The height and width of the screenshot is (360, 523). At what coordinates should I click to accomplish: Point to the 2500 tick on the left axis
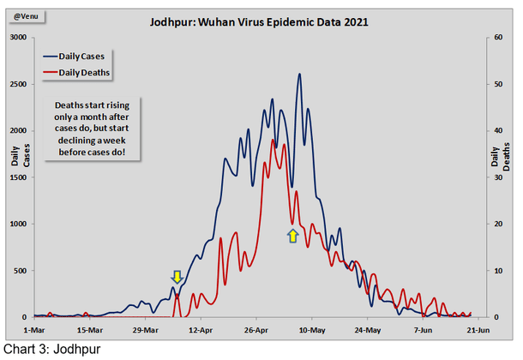click(x=17, y=85)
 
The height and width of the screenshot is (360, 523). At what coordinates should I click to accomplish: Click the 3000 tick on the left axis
click(x=17, y=39)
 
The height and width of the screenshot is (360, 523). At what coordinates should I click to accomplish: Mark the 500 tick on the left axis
click(x=20, y=271)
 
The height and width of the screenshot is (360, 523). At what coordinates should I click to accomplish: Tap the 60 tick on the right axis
click(x=496, y=39)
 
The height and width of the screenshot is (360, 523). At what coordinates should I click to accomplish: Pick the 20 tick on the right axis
click(x=496, y=225)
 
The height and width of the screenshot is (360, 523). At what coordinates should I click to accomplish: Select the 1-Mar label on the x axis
click(x=35, y=328)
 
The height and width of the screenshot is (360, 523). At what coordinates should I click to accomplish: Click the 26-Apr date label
click(x=256, y=328)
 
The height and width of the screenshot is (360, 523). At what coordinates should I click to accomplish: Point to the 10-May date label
click(x=312, y=328)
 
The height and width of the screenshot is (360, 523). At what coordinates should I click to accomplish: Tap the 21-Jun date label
click(x=478, y=328)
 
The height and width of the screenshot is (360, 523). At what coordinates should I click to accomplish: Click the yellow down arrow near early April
click(x=177, y=276)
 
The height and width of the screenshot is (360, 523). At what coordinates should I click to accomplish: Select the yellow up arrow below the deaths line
click(x=292, y=235)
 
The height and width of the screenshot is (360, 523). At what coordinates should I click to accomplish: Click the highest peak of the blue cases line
click(x=299, y=75)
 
